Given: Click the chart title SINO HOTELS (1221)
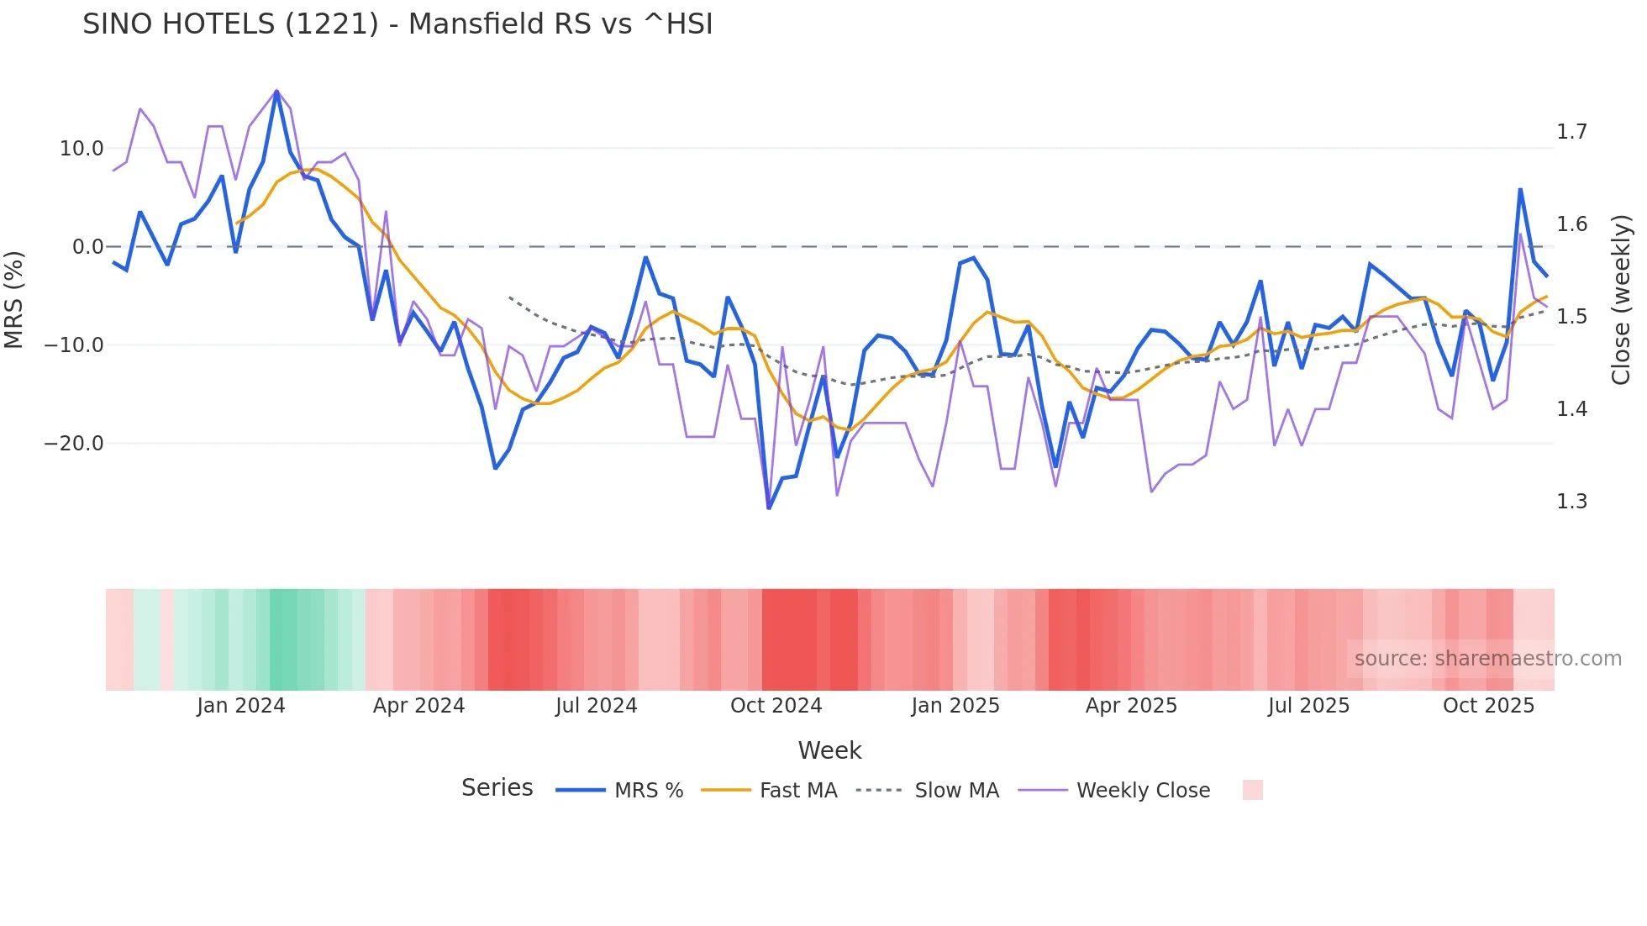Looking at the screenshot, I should point(397,24).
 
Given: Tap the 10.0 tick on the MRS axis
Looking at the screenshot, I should point(82,149).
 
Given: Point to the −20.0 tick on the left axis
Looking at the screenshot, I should point(74,444).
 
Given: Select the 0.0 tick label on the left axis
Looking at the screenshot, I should point(87,247).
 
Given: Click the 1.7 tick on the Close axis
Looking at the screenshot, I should point(1571,132).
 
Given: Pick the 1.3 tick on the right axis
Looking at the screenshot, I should point(1571,502).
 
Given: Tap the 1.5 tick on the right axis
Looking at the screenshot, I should point(1571,317).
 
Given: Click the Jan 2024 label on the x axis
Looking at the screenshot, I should point(241,706).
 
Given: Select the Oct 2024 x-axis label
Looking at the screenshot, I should point(776,706).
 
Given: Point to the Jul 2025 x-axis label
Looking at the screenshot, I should point(1308,706).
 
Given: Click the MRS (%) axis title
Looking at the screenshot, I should point(14,299).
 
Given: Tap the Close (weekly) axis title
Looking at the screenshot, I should point(1621,300).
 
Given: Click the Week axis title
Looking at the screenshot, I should point(829,750).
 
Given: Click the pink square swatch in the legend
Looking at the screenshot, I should point(1252,790).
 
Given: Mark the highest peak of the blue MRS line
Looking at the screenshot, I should point(276,92).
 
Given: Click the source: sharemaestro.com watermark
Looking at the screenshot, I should point(1487,659).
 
